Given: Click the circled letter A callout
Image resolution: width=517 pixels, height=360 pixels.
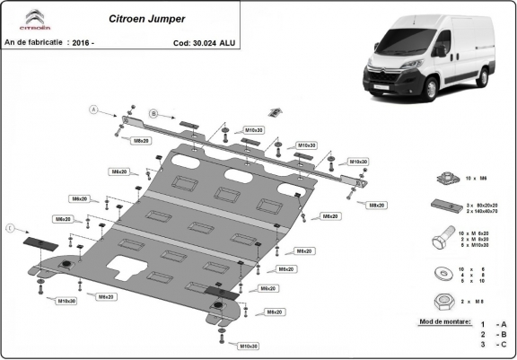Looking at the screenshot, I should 91,110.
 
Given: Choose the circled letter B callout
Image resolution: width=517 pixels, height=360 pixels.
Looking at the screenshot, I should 153,114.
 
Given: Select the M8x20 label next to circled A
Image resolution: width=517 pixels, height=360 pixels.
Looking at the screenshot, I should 141,141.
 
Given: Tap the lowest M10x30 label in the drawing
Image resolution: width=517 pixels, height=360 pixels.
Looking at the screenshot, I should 249,346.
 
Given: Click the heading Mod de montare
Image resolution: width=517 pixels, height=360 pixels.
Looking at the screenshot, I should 444,320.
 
